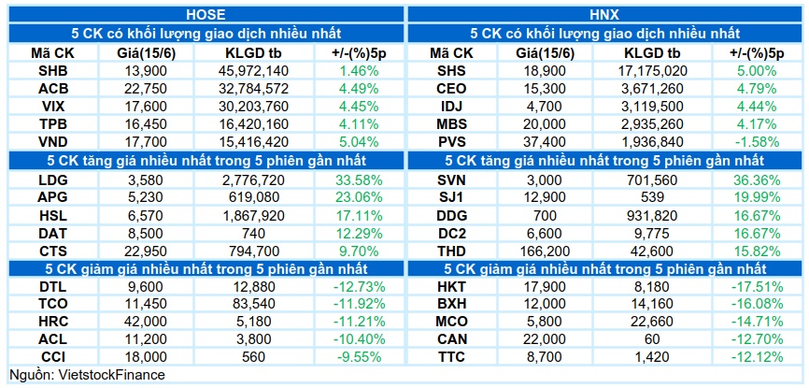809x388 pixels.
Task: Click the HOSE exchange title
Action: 206,14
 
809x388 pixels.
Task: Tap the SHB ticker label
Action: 53,71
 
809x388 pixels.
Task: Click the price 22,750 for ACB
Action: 146,89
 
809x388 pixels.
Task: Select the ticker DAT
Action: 53,234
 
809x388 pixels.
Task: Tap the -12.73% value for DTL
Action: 355,287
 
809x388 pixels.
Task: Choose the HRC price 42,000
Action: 146,322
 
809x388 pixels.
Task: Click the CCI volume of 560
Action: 253,357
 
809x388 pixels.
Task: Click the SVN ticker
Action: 451,180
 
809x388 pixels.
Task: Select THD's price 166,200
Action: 545,251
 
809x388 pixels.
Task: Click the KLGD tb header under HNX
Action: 652,52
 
